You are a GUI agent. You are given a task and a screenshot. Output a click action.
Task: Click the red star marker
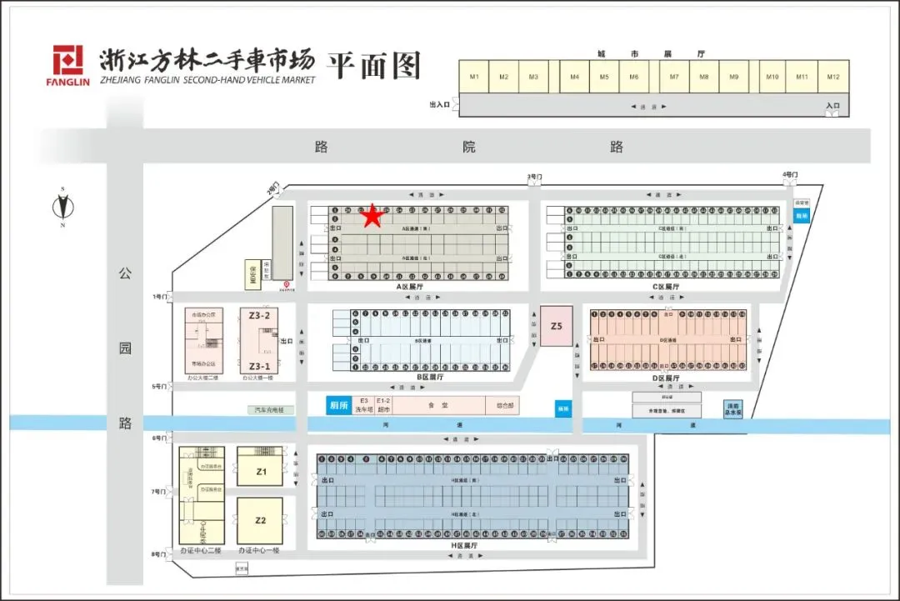(372, 216)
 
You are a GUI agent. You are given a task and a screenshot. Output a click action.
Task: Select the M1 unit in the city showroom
(474, 77)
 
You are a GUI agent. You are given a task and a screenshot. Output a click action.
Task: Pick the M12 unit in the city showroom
(832, 77)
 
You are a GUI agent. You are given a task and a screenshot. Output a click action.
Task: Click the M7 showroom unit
(674, 77)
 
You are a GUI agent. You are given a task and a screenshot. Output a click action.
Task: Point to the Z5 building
(556, 327)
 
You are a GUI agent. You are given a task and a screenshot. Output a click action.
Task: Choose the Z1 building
(261, 472)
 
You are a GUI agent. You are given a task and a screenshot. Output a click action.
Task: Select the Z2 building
(261, 520)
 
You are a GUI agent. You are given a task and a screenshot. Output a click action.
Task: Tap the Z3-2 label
(259, 316)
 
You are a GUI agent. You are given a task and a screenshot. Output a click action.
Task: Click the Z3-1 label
(259, 366)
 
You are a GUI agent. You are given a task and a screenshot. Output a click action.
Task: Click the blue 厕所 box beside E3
(337, 405)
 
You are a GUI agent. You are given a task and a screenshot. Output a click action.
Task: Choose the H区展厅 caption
(467, 545)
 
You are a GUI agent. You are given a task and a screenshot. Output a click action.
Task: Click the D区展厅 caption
(667, 378)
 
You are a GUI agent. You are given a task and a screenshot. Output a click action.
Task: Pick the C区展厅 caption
(667, 287)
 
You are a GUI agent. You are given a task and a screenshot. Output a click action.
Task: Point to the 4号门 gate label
(790, 175)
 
